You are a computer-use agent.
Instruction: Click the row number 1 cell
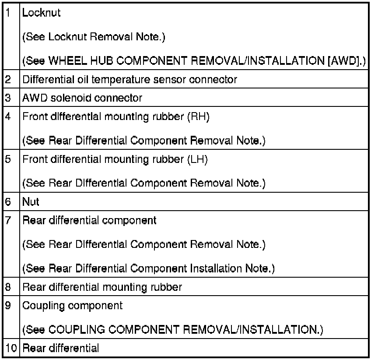tap(8, 13)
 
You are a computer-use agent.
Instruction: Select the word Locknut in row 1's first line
tap(42, 13)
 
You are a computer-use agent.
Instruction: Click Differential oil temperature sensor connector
tap(130, 80)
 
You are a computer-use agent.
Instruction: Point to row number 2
tap(8, 80)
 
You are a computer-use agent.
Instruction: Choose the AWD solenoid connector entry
tap(82, 98)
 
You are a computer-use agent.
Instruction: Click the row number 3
tap(8, 98)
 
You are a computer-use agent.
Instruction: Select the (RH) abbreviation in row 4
tap(191, 116)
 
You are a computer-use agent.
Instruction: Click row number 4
tap(8, 116)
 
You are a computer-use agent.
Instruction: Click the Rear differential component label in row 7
tap(89, 220)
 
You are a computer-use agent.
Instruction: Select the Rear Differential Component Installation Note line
tap(148, 268)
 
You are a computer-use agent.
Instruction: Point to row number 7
tap(8, 220)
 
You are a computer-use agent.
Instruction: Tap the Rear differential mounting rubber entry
tap(102, 287)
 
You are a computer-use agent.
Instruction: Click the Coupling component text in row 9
tap(73, 305)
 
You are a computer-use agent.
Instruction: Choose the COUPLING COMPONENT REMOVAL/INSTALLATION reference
tap(173, 329)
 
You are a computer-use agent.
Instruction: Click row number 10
tap(10, 348)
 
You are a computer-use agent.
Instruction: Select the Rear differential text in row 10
tap(61, 348)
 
